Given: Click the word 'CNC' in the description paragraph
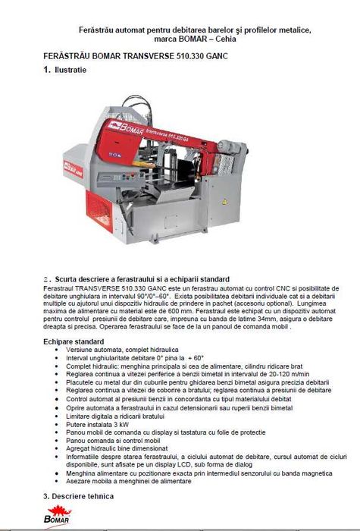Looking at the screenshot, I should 221,288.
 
